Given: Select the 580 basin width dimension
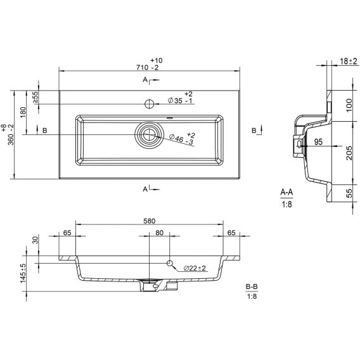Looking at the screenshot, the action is click(149, 221).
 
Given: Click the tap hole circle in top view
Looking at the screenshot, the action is click(149, 104).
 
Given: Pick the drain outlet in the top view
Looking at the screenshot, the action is click(149, 135).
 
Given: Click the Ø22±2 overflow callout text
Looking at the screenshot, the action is click(195, 268).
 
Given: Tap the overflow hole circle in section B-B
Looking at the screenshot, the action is click(170, 263).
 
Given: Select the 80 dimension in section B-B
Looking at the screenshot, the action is click(159, 233).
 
